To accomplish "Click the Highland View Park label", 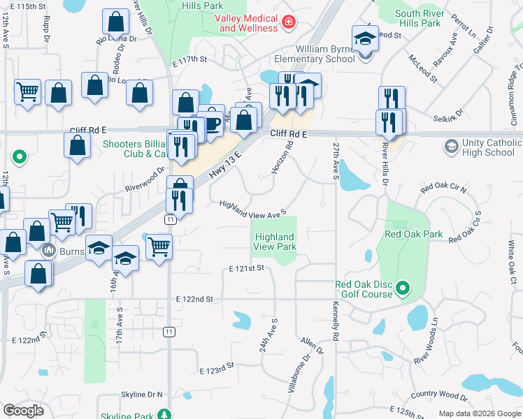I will (x=274, y=242).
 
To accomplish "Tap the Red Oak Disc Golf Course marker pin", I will (x=402, y=288).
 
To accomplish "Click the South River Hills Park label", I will (x=417, y=18).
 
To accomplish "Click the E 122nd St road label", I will (x=194, y=299).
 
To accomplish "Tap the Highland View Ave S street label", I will (x=253, y=208).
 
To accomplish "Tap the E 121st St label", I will (x=247, y=268).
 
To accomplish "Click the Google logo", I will (x=24, y=410).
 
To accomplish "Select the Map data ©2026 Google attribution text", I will (x=480, y=414).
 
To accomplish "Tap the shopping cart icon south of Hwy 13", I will (x=159, y=246).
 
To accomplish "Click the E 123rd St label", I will (x=215, y=369).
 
